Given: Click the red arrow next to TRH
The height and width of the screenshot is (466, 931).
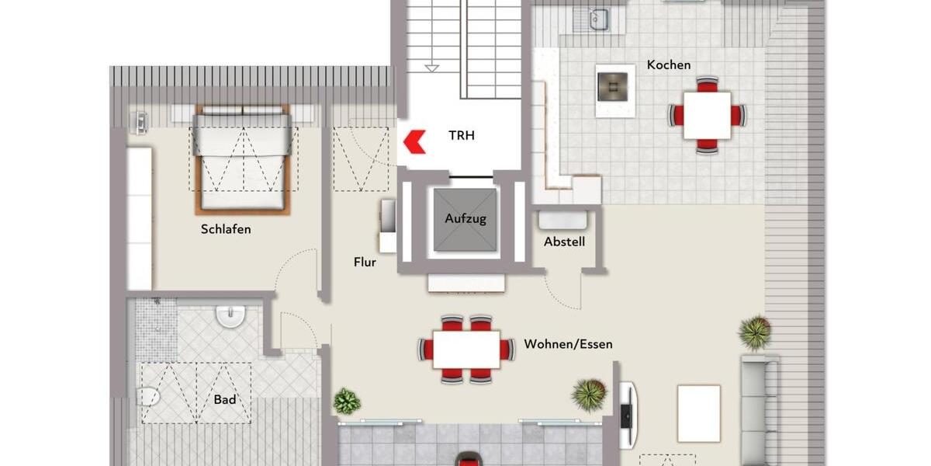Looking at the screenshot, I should pos(415,141).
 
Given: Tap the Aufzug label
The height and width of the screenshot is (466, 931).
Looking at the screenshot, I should pos(465,218).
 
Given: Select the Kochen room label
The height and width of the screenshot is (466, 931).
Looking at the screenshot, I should pos(668,65).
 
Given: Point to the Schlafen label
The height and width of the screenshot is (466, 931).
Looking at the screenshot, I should pos(226,230).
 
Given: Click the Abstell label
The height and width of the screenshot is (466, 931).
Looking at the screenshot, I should pos(564,242).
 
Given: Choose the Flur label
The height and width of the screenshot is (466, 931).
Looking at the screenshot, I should pos(365,263).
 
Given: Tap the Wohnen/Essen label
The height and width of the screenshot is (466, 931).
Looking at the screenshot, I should pos(568,344).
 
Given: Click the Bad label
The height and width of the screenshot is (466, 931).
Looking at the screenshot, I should pos(225,400).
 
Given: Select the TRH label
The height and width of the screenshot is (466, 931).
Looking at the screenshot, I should pos(461,135).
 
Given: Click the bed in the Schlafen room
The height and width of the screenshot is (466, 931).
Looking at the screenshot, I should pos(243,159).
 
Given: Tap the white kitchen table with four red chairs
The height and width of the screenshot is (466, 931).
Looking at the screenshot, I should pos(707,115).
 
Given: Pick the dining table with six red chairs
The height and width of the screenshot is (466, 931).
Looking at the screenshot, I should pos(466,349).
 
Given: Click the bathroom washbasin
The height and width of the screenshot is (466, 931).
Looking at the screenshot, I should pos(230,315).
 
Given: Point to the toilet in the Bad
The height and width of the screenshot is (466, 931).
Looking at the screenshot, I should pos(147,397).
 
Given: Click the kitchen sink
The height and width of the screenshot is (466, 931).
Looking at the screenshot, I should pos(599,19).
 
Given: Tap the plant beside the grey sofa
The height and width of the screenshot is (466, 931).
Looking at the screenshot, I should pos(754,332).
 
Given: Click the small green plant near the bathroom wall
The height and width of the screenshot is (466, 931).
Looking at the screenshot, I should pos(347,401).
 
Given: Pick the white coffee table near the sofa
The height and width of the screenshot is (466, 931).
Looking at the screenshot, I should pos(698,412).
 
